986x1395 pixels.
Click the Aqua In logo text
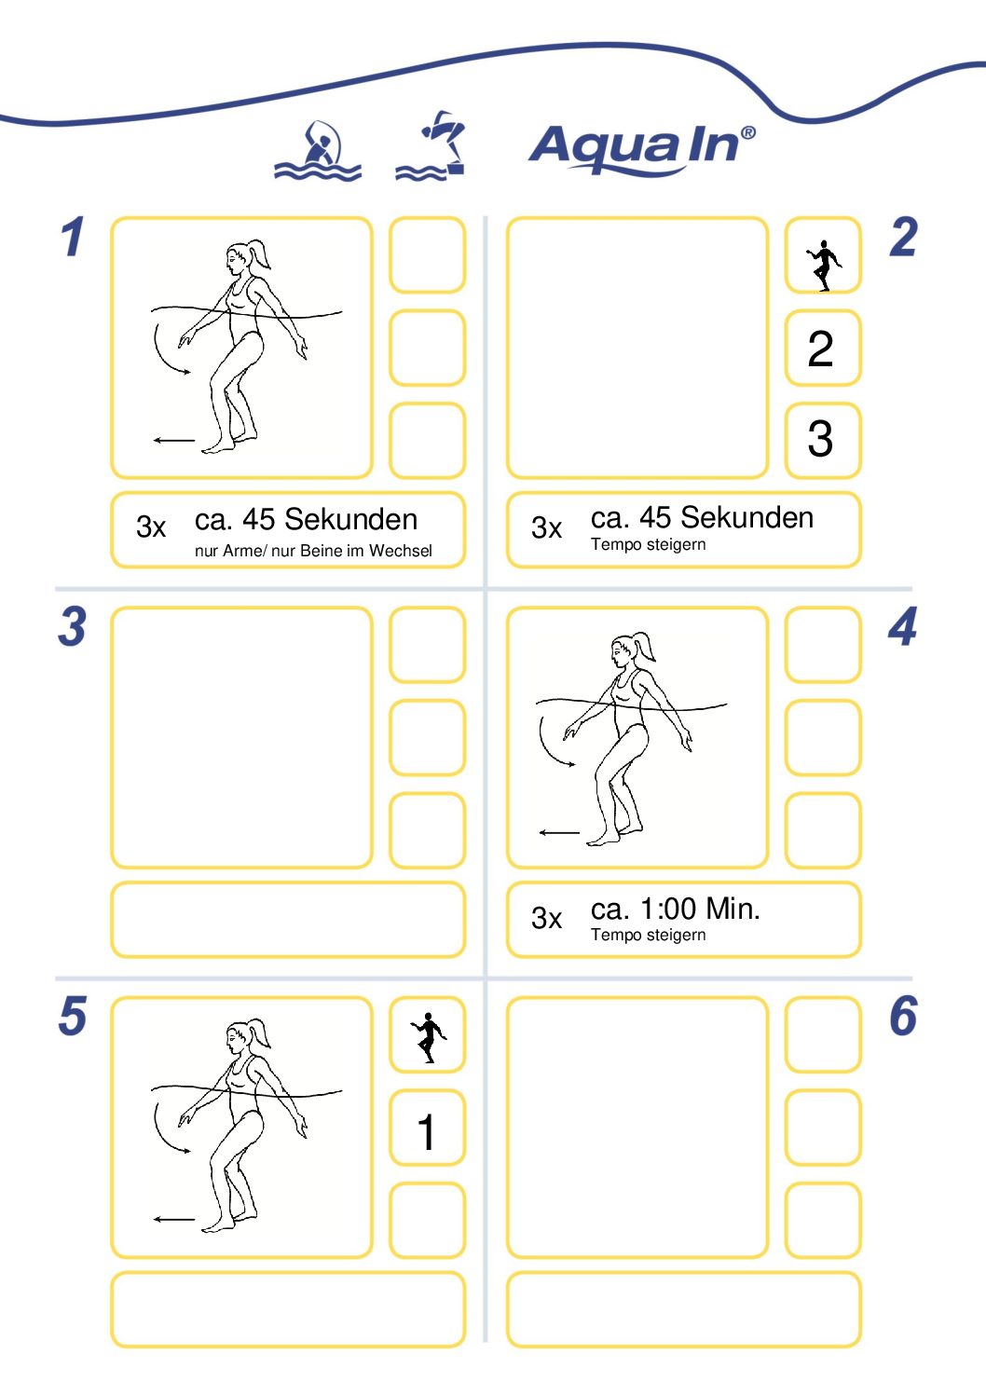point(641,148)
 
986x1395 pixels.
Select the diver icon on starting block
point(431,145)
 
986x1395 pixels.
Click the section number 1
point(73,237)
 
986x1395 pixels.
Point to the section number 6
point(903,1016)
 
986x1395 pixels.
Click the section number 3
point(73,626)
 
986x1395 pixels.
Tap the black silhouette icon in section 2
point(824,266)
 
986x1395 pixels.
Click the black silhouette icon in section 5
point(428,1037)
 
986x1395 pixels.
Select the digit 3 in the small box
point(820,438)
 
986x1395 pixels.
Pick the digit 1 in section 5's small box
point(427,1132)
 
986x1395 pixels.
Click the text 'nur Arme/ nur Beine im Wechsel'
point(313,551)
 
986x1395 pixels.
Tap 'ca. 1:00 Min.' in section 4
point(675,909)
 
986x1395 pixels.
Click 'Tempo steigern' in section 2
point(649,544)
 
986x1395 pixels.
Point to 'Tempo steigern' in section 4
point(649,935)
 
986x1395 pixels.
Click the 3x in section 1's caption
point(151,527)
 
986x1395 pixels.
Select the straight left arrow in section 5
point(173,1219)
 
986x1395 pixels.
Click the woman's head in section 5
point(239,1036)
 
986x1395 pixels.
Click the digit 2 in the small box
point(820,349)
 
